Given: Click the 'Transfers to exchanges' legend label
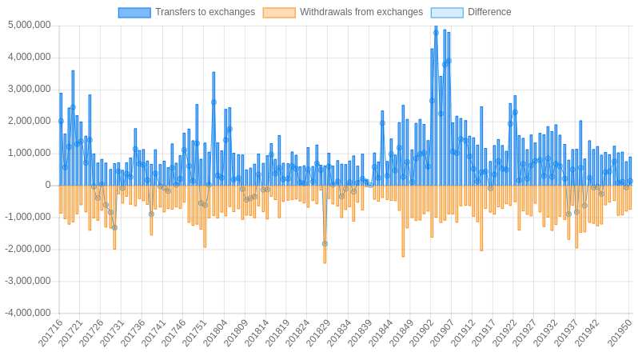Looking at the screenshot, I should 205,12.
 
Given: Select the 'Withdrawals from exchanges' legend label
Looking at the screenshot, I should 361,12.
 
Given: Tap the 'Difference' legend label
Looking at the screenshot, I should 489,12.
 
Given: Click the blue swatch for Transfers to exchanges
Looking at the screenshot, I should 134,12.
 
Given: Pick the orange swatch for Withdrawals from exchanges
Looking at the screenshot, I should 278,12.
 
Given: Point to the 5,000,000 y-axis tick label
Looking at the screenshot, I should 29,25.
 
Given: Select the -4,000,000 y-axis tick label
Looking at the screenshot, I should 27,313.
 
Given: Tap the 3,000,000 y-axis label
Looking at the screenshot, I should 29,89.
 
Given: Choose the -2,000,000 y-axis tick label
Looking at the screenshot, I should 27,249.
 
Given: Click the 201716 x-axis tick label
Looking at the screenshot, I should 50,333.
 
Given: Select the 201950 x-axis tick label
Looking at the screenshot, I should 620,333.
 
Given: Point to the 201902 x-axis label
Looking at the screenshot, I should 422,333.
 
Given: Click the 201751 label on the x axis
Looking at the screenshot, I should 194,333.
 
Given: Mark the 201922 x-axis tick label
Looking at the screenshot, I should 504,333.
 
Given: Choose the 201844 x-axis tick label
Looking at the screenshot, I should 381,333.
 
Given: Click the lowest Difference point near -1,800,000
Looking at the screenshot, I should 325,243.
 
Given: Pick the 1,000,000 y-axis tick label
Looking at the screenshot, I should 29,153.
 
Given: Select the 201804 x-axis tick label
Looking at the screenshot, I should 215,333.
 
